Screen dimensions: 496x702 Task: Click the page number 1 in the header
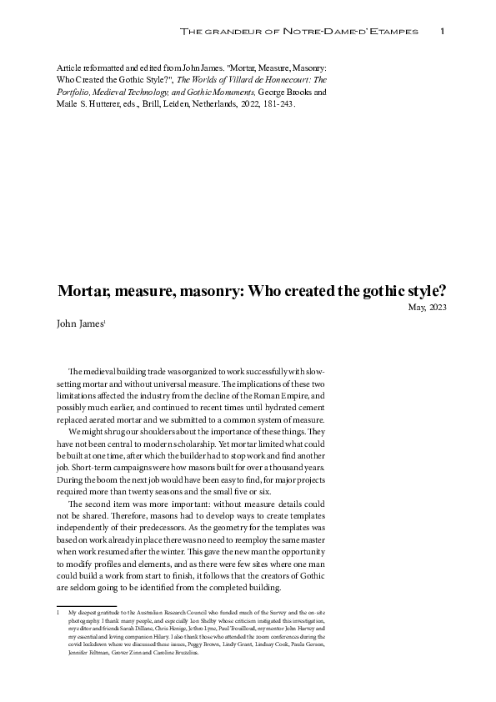coord(442,32)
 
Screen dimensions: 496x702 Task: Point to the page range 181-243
coord(278,106)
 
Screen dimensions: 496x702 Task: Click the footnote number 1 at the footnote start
coord(58,613)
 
